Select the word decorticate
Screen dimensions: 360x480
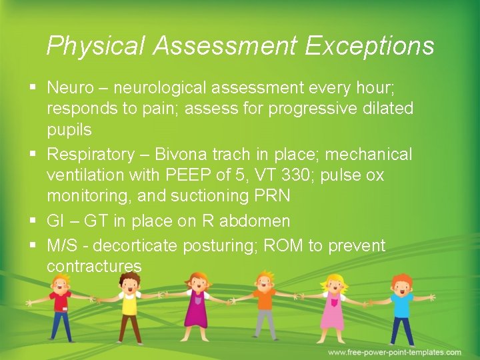(141, 246)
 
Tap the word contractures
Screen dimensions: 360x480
(94, 267)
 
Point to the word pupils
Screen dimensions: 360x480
(69, 128)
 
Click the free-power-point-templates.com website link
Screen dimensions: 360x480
(394, 352)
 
